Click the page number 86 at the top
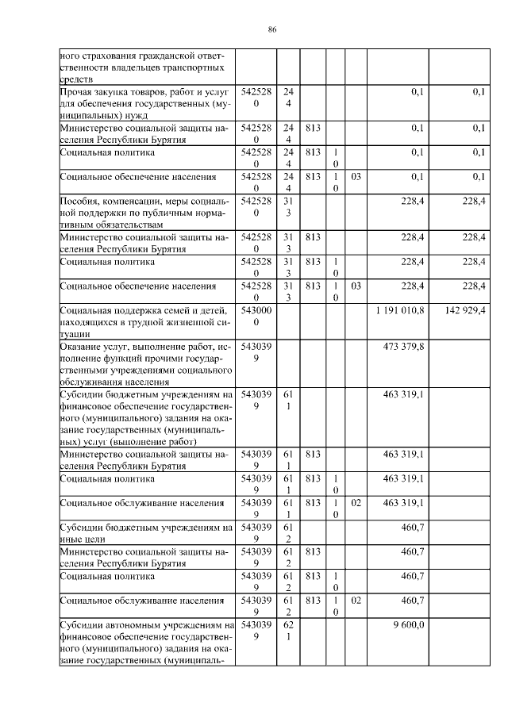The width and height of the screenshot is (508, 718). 271,29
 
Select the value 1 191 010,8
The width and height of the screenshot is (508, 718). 398,310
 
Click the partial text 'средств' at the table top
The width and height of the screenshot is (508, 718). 76,79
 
